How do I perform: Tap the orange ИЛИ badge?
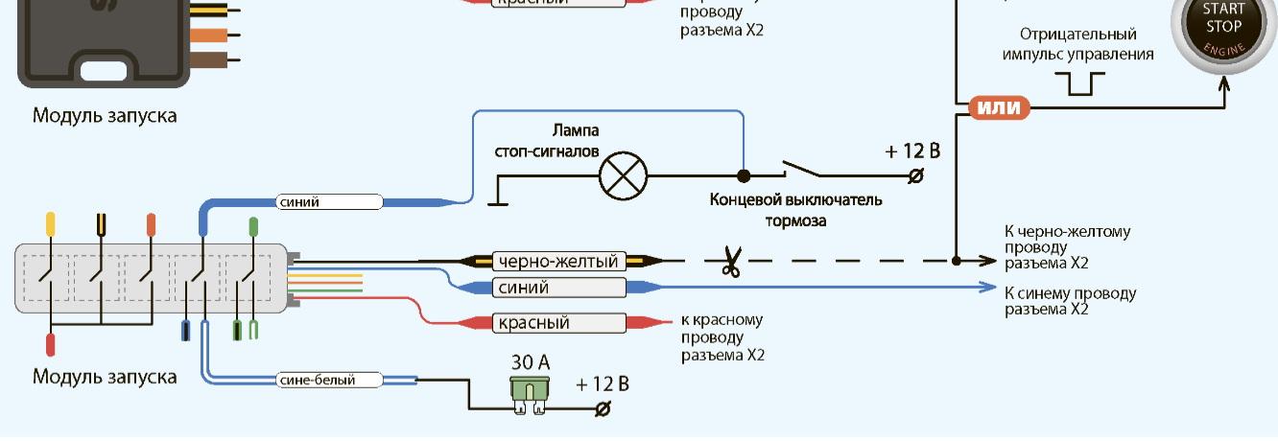(x=998, y=107)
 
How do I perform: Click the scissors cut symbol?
(x=731, y=261)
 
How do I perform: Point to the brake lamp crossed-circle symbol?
(x=623, y=175)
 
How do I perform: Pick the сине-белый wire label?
(x=318, y=380)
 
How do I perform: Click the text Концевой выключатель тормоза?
(x=795, y=210)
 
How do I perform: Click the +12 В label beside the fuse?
(x=602, y=384)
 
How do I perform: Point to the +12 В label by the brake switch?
(x=911, y=151)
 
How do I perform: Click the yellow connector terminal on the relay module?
(x=50, y=224)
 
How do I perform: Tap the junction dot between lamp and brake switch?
(x=743, y=175)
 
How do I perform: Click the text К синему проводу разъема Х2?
(x=1070, y=301)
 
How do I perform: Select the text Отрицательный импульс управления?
(x=1077, y=44)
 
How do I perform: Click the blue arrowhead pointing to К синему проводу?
(x=990, y=287)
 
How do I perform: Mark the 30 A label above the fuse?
(x=531, y=362)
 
